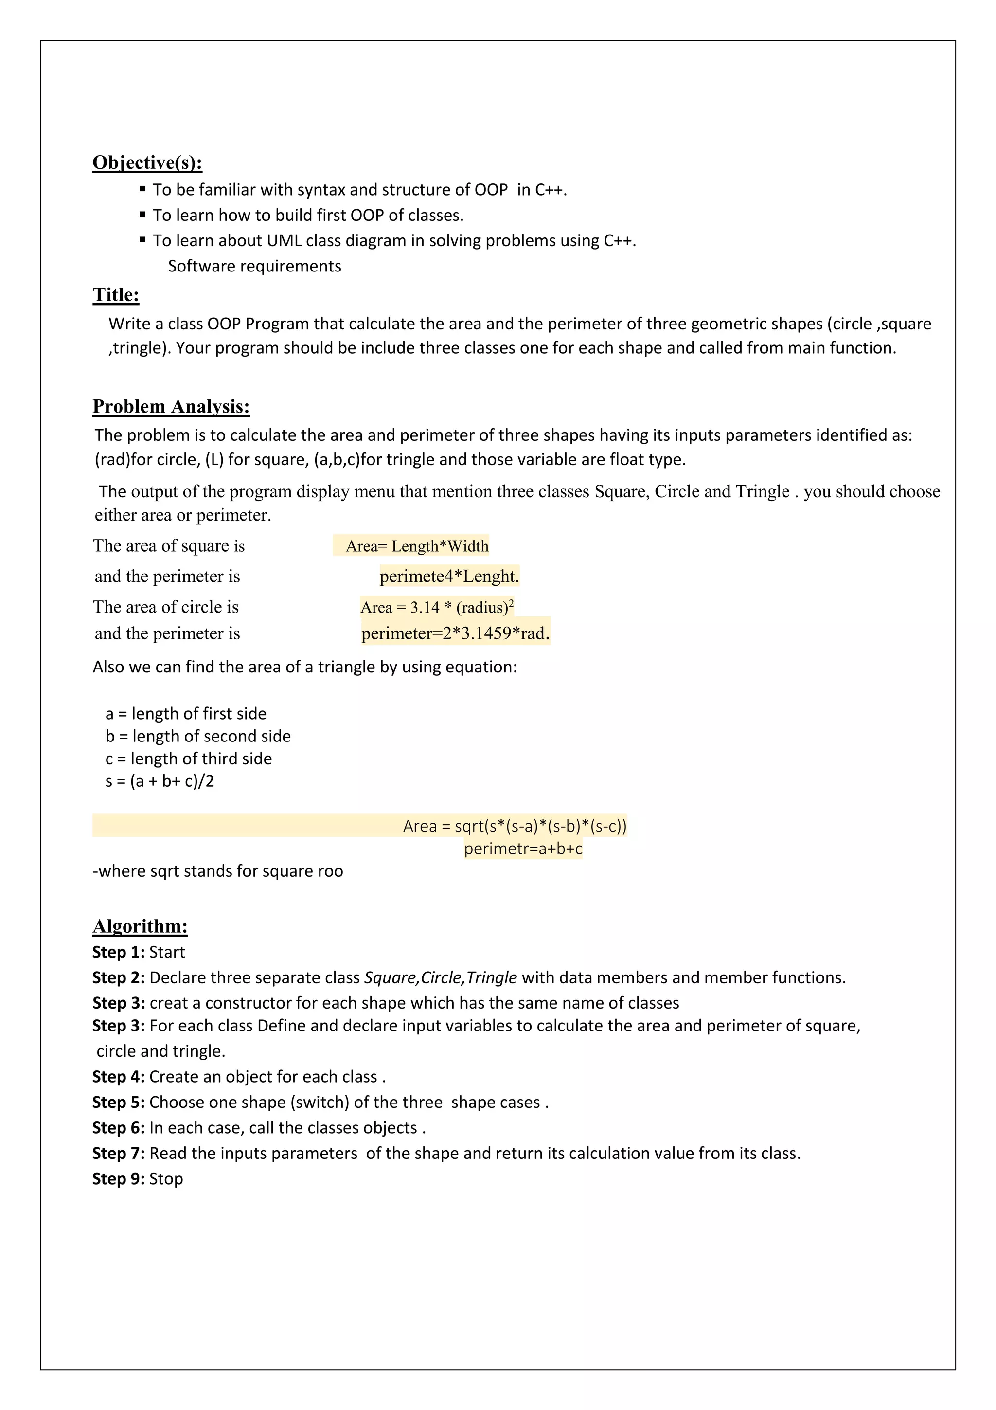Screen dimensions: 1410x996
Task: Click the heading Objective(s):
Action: [147, 163]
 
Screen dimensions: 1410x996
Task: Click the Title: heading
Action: [116, 295]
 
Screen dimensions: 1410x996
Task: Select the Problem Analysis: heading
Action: [171, 407]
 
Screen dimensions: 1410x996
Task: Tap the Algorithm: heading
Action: [140, 926]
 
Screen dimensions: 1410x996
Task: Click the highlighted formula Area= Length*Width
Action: [417, 546]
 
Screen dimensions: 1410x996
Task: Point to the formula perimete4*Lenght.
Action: [449, 576]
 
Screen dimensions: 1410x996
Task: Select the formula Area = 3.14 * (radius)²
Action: [437, 607]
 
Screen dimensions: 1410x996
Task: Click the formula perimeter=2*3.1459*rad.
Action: [455, 633]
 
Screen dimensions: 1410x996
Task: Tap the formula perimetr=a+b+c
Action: [523, 849]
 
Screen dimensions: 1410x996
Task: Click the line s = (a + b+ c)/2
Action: [160, 781]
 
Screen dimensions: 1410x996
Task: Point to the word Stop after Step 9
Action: [166, 1178]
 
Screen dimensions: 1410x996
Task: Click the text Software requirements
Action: [254, 266]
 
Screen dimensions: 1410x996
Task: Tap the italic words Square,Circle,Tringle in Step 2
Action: [440, 977]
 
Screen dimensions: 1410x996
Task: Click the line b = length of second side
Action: [197, 736]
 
